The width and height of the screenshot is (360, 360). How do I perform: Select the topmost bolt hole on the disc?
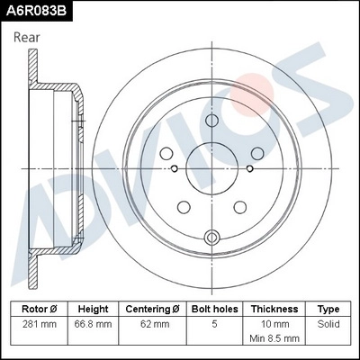point(212,130)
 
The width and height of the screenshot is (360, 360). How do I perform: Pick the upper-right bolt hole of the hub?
point(256,154)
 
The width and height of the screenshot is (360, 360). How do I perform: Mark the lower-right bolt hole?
point(239,205)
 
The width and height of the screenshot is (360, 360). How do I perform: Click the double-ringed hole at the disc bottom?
point(212,238)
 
